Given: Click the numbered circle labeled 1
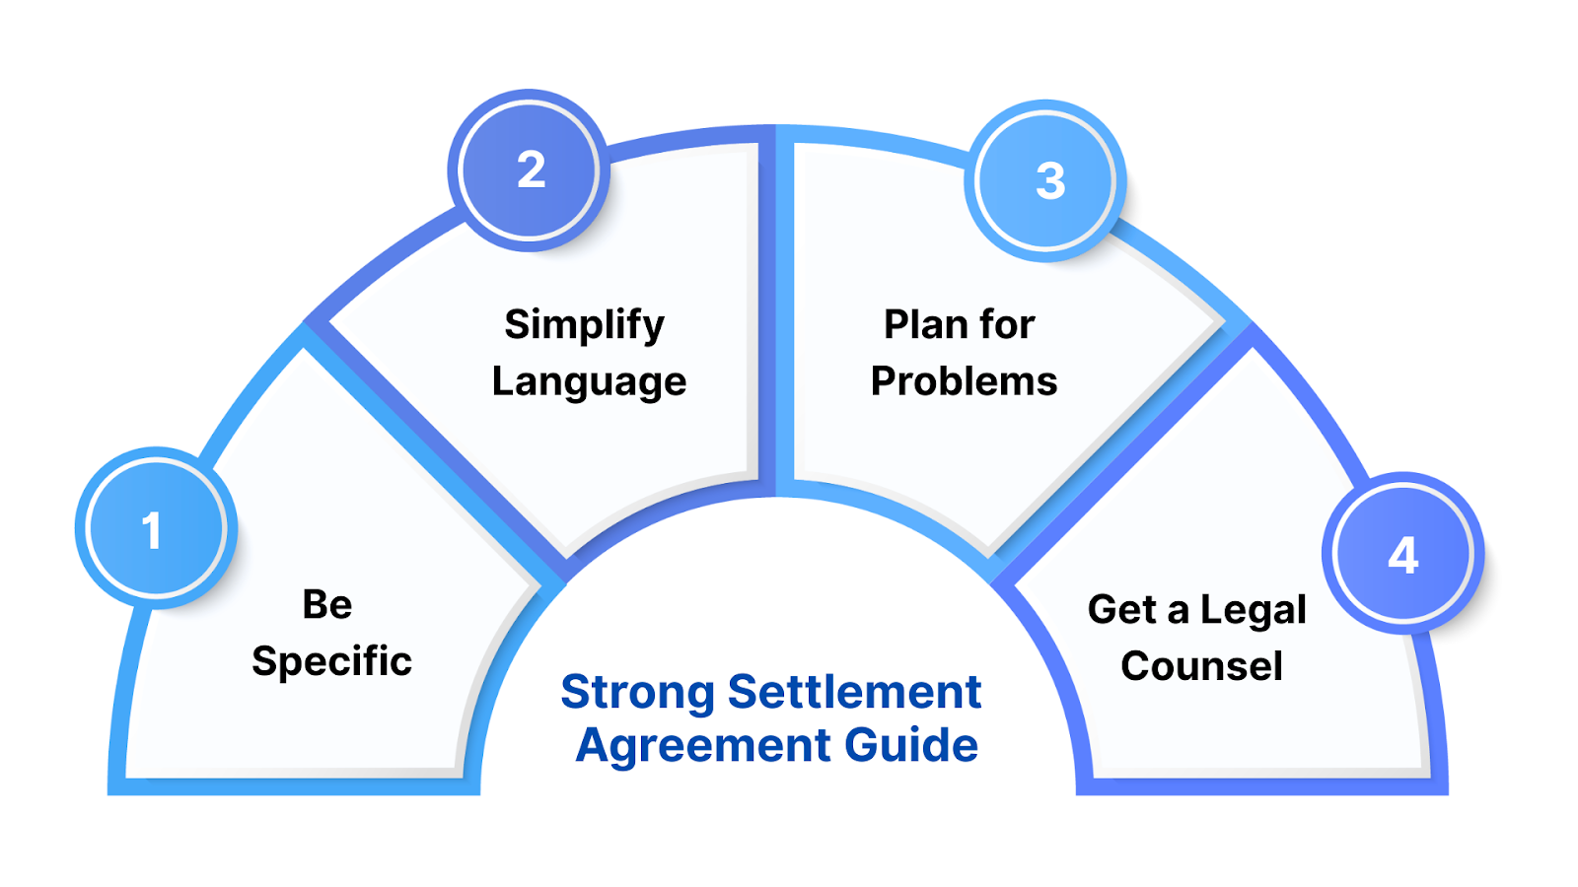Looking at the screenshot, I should [155, 528].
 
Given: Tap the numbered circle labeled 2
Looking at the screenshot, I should [530, 171].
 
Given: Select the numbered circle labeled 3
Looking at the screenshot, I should [1046, 180].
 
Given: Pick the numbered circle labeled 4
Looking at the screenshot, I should [1402, 553].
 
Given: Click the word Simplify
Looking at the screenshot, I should [584, 325].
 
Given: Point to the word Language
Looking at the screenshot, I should [589, 382].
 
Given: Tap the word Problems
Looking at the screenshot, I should [964, 381].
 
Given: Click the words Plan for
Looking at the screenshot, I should [959, 324].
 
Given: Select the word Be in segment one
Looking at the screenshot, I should [326, 604].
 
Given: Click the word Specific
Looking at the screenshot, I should [331, 661].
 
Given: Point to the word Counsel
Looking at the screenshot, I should [1201, 666].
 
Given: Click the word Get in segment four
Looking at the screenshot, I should [1121, 610].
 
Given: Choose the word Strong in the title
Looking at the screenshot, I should [637, 693].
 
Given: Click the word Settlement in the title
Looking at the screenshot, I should [854, 692].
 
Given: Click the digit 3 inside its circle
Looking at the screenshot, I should [1050, 181].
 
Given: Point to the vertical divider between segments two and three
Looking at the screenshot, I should [776, 315].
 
